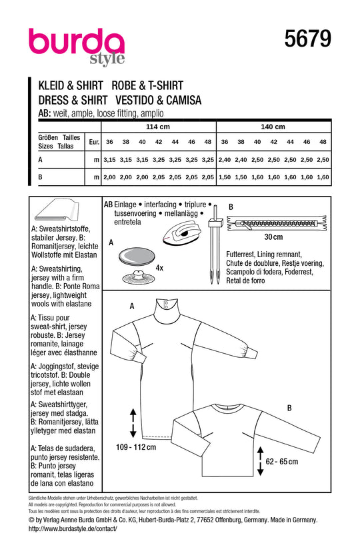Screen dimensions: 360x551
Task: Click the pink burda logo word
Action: [77, 42]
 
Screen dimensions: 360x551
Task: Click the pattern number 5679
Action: [307, 38]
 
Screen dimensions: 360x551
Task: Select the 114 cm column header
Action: [158, 127]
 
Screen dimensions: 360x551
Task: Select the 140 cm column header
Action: [273, 127]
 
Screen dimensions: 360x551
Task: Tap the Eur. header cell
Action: [94, 142]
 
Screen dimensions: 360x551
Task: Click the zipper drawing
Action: [277, 223]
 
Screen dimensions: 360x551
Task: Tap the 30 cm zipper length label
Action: [273, 237]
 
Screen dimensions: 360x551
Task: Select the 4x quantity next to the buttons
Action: [159, 268]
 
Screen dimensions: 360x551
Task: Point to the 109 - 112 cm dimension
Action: [136, 447]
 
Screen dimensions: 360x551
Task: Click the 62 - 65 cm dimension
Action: [281, 462]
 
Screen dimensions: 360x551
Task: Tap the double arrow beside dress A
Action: [133, 423]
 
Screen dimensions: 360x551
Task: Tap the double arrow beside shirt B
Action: [260, 461]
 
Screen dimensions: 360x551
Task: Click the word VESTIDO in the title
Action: [134, 101]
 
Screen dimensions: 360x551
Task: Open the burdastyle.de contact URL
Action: [73, 528]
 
